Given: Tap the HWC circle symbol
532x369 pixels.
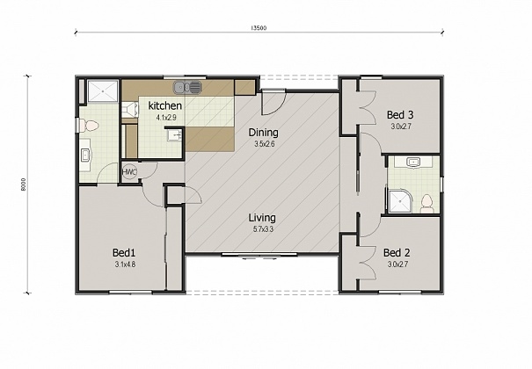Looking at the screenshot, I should pyautogui.click(x=128, y=172).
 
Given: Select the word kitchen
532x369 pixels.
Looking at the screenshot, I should pyautogui.click(x=165, y=105).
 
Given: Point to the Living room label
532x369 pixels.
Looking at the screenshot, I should pyautogui.click(x=262, y=217).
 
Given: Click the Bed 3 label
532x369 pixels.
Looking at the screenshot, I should pyautogui.click(x=400, y=114).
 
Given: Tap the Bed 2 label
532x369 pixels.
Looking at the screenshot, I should pyautogui.click(x=397, y=251).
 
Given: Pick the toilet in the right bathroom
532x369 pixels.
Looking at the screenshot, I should pyautogui.click(x=426, y=202).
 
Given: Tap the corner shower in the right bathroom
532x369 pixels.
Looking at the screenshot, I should pyautogui.click(x=399, y=200).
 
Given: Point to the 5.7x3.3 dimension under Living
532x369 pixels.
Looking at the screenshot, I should pyautogui.click(x=262, y=230).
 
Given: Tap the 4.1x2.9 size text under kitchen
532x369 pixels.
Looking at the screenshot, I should pyautogui.click(x=165, y=117).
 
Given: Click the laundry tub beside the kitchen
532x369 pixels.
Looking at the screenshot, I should pyautogui.click(x=174, y=137).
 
